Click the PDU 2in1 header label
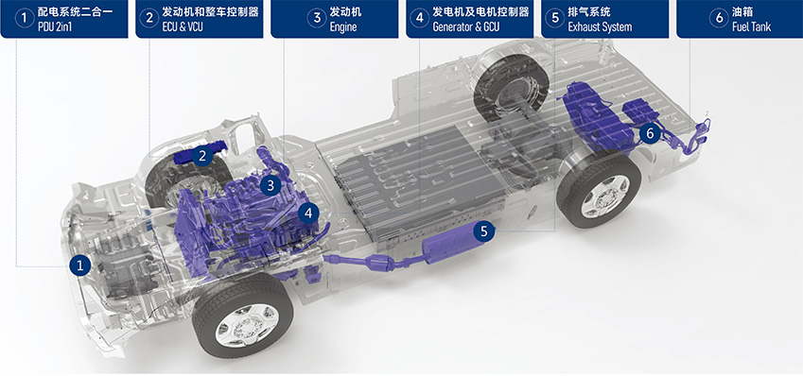(55, 26)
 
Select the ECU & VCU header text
(183, 26)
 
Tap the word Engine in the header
(343, 26)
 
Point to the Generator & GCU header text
(465, 26)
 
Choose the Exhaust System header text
(600, 26)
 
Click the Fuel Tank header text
(751, 26)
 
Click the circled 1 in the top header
(24, 18)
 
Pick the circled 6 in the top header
(719, 18)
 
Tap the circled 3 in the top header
(317, 18)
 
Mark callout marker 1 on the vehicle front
(79, 265)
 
